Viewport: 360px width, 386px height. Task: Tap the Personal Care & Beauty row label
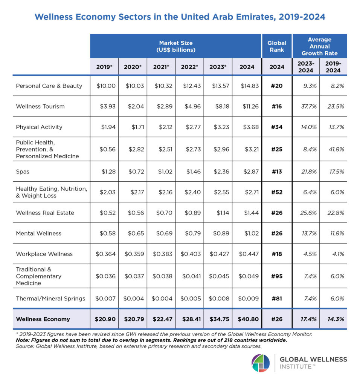pos(49,86)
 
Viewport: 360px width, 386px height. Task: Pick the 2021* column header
pos(161,67)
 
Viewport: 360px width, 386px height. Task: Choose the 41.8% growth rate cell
pos(334,149)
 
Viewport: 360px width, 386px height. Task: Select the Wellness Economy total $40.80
pos(249,319)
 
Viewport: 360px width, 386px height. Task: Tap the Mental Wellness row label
pos(38,233)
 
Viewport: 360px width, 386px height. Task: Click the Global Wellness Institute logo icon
pos(261,363)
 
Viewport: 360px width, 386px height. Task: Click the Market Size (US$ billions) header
pos(175,46)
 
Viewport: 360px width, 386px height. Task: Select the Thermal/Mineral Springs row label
pos(50,299)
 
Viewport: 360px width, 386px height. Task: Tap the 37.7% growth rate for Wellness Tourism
pos(305,106)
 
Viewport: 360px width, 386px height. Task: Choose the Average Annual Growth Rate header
pos(319,46)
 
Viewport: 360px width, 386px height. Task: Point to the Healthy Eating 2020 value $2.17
pos(134,192)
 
